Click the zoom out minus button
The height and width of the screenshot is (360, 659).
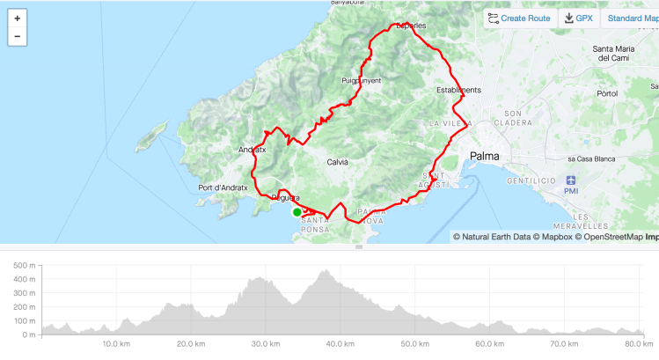pos(18,36)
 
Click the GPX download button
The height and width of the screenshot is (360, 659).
pos(578,18)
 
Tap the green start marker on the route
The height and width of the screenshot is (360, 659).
pos(297,211)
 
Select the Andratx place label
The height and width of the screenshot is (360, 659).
pos(252,151)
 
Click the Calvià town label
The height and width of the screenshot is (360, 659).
pos(338,162)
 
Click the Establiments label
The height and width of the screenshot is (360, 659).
pos(459,90)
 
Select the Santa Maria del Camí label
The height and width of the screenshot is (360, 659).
pos(615,53)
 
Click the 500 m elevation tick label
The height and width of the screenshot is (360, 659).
pos(24,265)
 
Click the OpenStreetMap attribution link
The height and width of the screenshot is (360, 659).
pos(611,236)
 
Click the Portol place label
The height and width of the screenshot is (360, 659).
pos(607,92)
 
